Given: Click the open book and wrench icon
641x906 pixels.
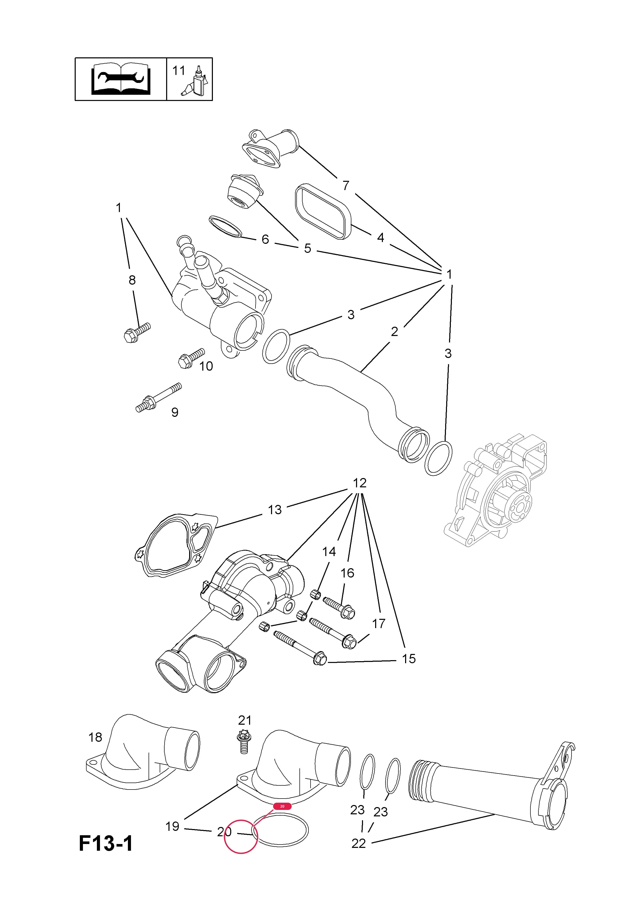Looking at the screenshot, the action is pyautogui.click(x=120, y=79).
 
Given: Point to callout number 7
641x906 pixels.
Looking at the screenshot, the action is pyautogui.click(x=346, y=185).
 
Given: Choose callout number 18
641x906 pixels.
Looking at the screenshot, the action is pyautogui.click(x=95, y=737).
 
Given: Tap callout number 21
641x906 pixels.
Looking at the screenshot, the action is pyautogui.click(x=245, y=720).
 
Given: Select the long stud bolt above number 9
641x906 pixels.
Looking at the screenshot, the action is pyautogui.click(x=159, y=398).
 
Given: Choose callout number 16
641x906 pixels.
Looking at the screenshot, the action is pyautogui.click(x=347, y=573).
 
